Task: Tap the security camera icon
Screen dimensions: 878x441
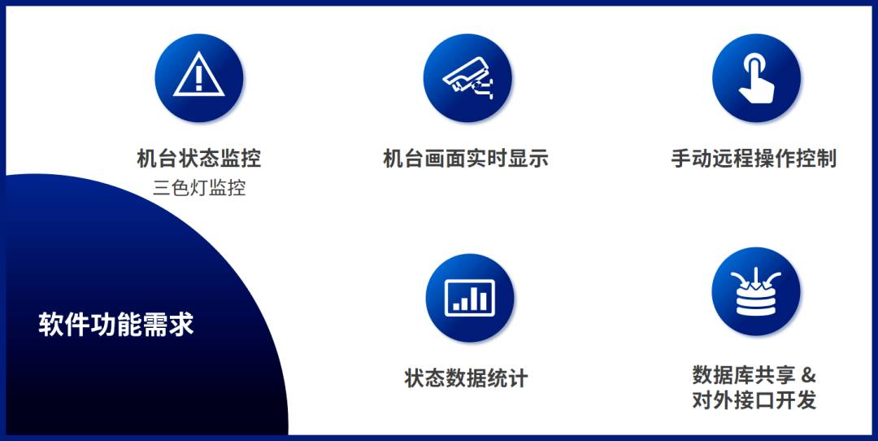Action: (467, 77)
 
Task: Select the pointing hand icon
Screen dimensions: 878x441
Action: (756, 78)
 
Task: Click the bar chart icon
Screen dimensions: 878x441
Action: (470, 298)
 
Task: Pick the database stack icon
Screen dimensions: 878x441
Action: (756, 291)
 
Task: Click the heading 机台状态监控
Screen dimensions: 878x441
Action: (199, 159)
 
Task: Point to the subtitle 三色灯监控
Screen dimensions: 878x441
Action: (199, 188)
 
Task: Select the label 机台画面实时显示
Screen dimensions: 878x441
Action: (465, 159)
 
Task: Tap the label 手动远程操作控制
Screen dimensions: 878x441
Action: (754, 159)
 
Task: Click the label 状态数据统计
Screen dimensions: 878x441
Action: (466, 378)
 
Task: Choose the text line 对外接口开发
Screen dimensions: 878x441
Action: (754, 400)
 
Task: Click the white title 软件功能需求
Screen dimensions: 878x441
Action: (116, 325)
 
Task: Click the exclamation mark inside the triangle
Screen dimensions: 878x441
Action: (199, 80)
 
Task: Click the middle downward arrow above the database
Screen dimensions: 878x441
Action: (756, 277)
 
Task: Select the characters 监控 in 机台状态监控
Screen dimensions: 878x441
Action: (240, 159)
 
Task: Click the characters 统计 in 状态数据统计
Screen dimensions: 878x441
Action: (507, 378)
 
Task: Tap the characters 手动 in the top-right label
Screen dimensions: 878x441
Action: (692, 159)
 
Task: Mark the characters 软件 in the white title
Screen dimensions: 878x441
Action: (64, 325)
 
